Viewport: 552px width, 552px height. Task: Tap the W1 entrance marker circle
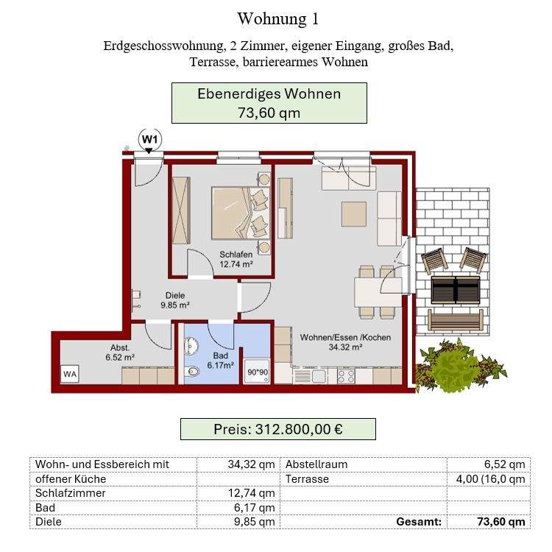(149, 138)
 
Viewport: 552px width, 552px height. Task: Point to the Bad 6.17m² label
(220, 359)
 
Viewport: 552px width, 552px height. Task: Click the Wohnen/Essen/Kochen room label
(345, 342)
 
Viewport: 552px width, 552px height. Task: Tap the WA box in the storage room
(71, 374)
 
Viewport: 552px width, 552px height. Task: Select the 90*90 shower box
(257, 372)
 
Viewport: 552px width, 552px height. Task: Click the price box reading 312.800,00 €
(277, 429)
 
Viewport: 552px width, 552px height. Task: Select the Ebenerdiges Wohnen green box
(269, 103)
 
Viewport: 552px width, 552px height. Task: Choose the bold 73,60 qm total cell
(489, 522)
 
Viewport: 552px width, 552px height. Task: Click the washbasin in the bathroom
(193, 345)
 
